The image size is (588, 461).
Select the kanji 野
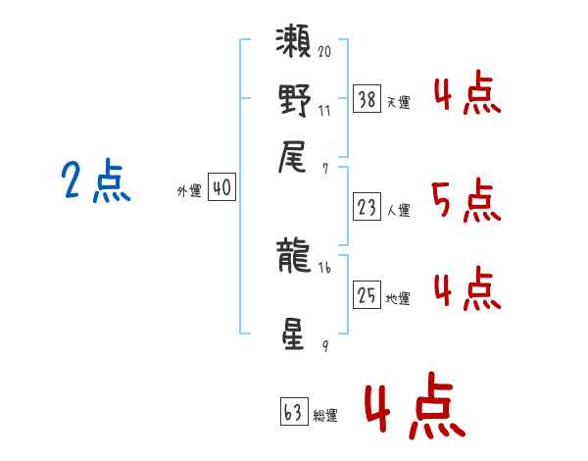point(295,100)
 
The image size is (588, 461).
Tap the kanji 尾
point(295,158)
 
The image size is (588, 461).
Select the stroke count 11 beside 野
point(324,110)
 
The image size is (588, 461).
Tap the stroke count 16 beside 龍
point(324,267)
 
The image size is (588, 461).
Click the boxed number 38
point(367,98)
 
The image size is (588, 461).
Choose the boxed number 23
point(367,206)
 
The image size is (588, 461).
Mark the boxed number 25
point(367,295)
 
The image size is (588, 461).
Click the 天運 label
point(398,102)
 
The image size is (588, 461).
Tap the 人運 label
point(398,210)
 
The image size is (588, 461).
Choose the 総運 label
point(325,415)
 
